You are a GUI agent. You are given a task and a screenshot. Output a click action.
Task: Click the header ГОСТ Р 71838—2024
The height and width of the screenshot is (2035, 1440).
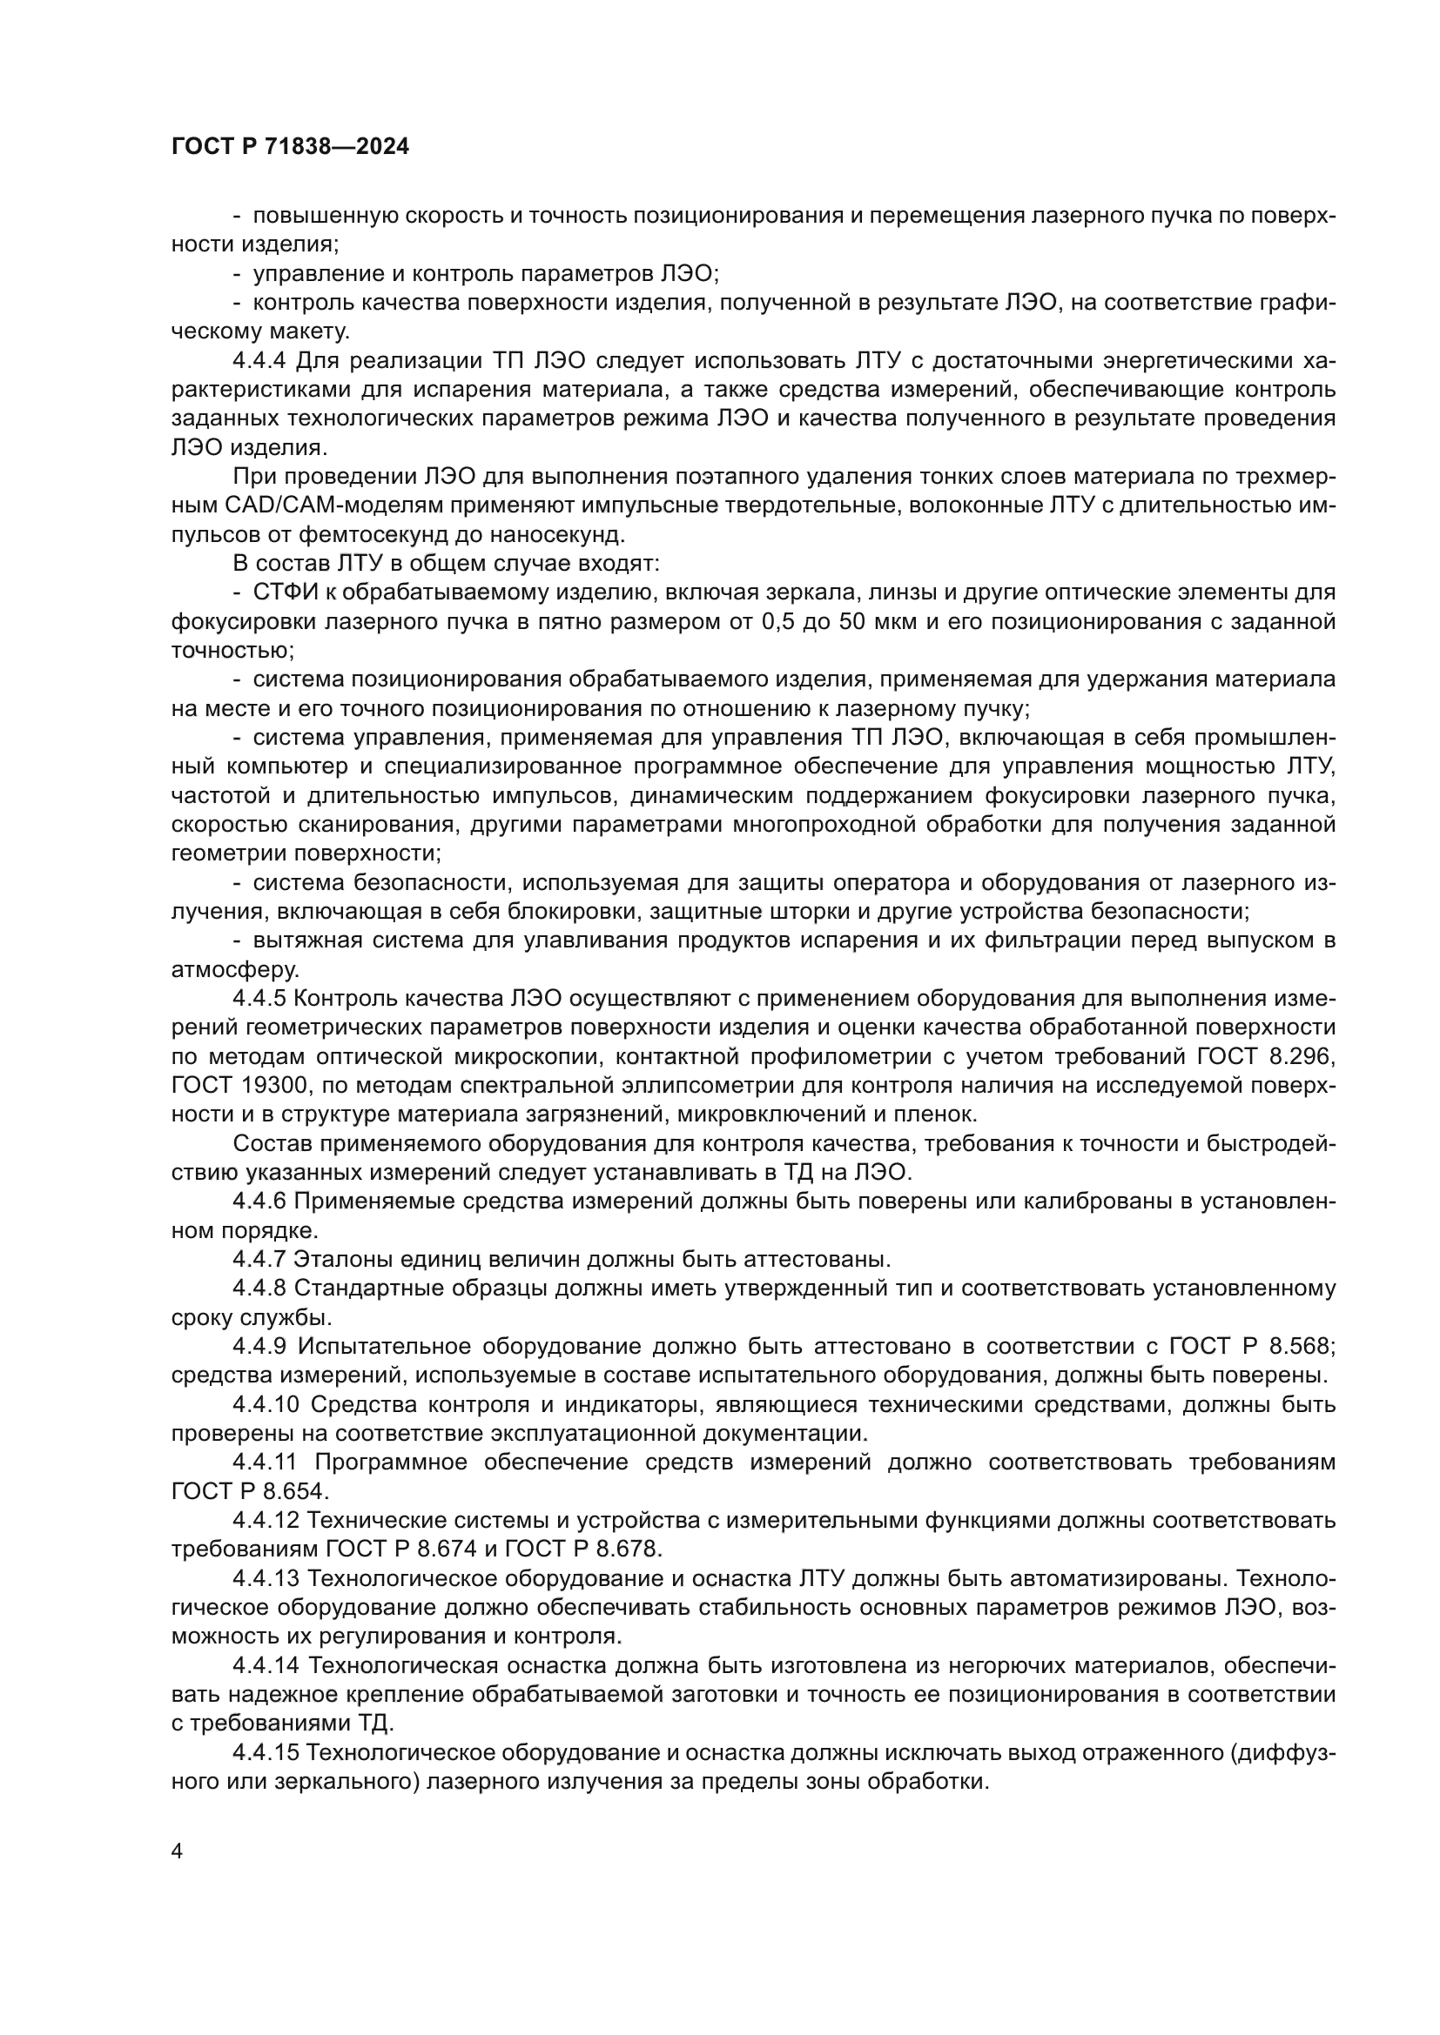click(290, 147)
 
